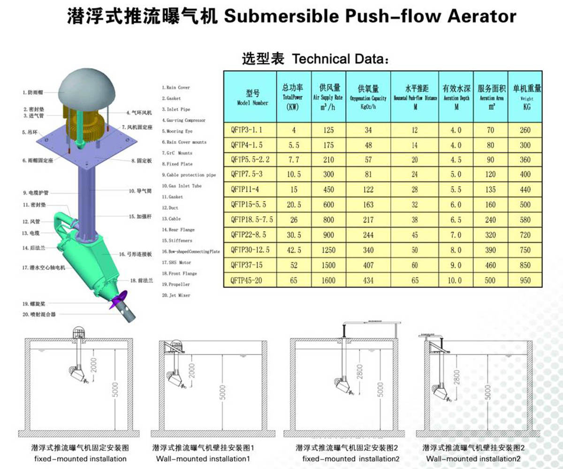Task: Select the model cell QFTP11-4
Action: pos(244,189)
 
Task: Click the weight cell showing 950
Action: pos(525,280)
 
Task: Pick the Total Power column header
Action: pos(293,97)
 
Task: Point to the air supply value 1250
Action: pos(328,250)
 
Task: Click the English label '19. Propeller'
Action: pos(176,284)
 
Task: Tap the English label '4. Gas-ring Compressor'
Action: pos(183,120)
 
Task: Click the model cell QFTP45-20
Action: pos(246,280)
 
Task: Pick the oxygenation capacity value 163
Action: pos(368,204)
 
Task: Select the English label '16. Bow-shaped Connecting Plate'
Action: pos(190,251)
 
